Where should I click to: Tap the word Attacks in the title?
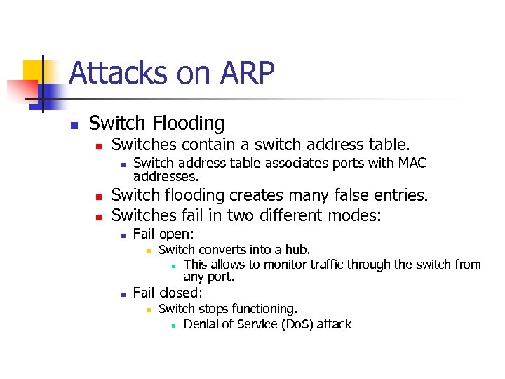(x=109, y=73)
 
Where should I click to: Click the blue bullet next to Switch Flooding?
(x=72, y=126)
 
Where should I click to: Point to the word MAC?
(x=412, y=163)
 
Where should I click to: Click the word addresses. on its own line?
(x=166, y=176)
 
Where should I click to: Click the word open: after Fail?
(x=177, y=234)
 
